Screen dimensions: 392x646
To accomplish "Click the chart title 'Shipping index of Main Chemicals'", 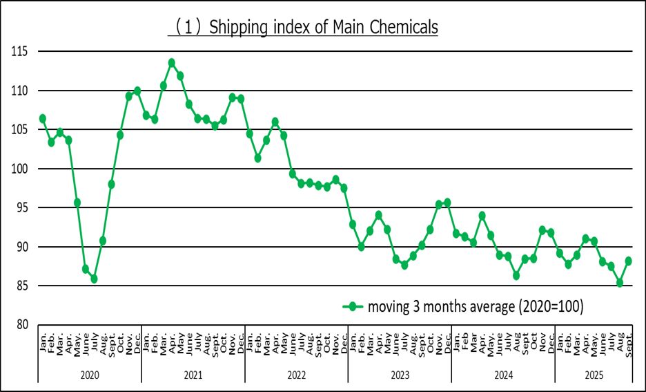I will coord(304,28).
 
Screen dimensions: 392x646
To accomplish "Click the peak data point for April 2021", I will coord(172,63).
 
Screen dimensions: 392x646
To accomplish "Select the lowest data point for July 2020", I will coord(94,279).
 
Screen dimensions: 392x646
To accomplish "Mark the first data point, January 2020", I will coord(43,118).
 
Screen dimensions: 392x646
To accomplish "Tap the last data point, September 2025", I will coord(628,261).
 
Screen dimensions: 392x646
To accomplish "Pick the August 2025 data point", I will coord(620,283).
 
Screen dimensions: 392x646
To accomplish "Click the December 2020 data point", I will coord(137,91).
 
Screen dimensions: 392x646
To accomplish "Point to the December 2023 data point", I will coord(447,203).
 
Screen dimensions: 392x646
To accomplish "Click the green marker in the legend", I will coord(353,306).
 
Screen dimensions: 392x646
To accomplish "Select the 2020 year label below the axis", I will coord(90,373).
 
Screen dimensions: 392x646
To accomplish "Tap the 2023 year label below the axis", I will coord(400,373).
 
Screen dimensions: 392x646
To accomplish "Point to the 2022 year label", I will coord(296,373).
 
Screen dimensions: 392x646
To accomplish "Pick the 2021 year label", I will coord(193,373).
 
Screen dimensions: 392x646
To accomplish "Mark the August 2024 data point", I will coord(516,275).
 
